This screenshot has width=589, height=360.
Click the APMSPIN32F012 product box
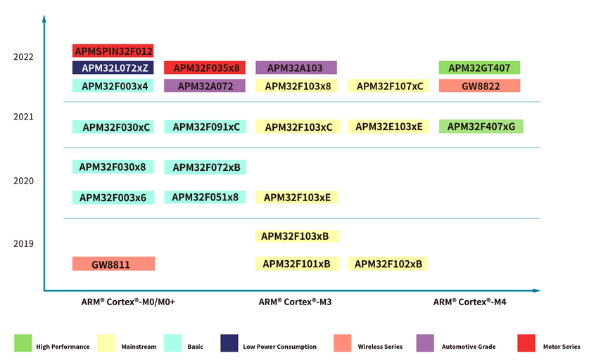click(x=113, y=51)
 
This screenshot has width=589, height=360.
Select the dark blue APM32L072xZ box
click(x=113, y=67)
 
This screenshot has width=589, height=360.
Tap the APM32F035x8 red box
click(x=205, y=67)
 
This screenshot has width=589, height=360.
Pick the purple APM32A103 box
click(x=296, y=67)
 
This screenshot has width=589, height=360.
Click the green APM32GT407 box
click(x=479, y=67)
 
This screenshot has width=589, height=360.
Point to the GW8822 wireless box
click(x=479, y=86)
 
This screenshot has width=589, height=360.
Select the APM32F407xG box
click(x=481, y=127)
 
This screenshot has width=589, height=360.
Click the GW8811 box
click(x=113, y=264)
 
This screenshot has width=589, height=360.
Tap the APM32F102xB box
click(x=388, y=264)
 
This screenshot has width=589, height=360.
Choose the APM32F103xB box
click(x=297, y=236)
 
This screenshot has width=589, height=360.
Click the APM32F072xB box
click(x=205, y=167)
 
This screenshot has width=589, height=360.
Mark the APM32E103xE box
click(x=388, y=127)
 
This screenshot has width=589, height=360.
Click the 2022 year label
click(x=23, y=57)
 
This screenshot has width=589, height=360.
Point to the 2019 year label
click(x=23, y=243)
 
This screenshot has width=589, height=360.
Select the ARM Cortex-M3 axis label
click(x=296, y=302)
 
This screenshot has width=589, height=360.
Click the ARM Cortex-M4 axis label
click(x=469, y=302)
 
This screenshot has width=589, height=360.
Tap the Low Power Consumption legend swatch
click(x=229, y=343)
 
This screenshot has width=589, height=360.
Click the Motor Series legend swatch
click(x=526, y=343)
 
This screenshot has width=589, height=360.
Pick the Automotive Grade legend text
click(x=469, y=347)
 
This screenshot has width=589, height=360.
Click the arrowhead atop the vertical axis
click(x=44, y=18)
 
